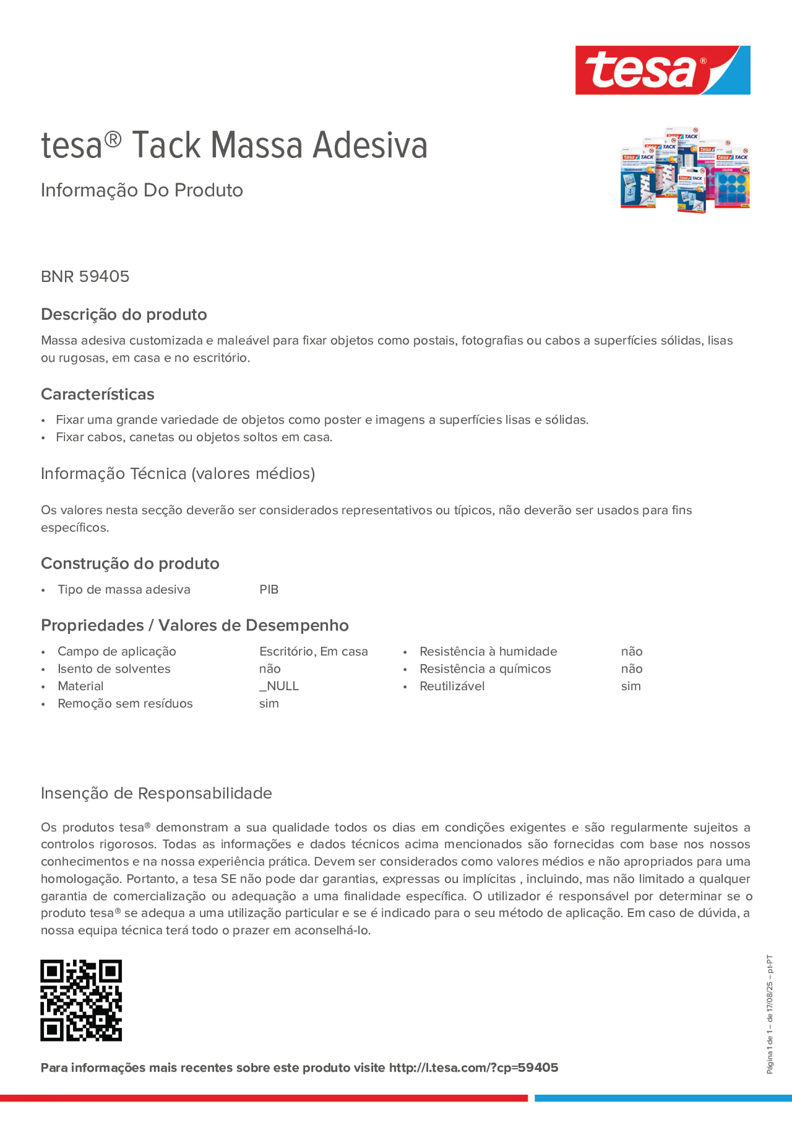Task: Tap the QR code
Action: (x=81, y=1000)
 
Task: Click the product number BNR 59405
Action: (x=85, y=276)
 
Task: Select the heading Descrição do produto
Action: (x=124, y=314)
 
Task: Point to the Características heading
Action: (x=98, y=394)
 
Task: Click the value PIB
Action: (x=269, y=589)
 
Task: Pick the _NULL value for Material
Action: (x=279, y=686)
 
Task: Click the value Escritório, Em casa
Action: (x=314, y=652)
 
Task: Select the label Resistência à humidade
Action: (x=488, y=652)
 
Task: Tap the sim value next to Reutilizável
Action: (x=631, y=686)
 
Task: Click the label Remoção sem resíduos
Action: (x=125, y=703)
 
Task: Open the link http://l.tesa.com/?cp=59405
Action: (x=473, y=1067)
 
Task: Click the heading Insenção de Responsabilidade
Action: (x=156, y=793)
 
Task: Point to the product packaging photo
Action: (x=685, y=170)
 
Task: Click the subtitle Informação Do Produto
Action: (x=141, y=190)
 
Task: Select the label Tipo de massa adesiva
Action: (x=124, y=589)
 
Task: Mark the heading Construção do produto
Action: (x=130, y=563)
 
